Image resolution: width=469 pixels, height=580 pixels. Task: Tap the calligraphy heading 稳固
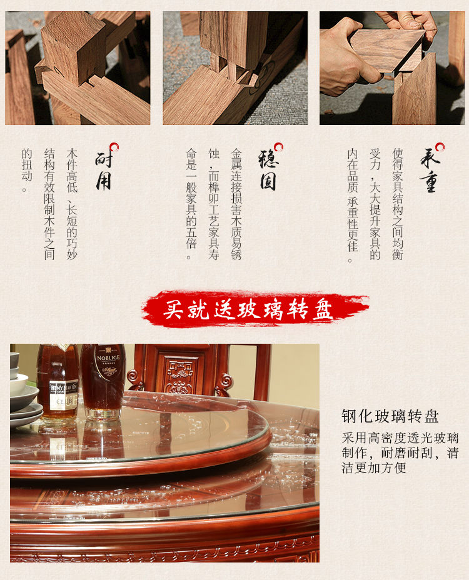[x=268, y=171]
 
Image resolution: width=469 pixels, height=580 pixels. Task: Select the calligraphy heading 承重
[x=430, y=171]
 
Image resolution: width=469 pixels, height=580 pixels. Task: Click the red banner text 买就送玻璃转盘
[x=248, y=309]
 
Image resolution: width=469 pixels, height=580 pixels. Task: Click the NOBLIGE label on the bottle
[x=108, y=364]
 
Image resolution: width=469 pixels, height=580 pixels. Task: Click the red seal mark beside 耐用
[x=114, y=147]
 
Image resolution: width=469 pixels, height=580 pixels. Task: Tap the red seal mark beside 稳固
[x=278, y=147]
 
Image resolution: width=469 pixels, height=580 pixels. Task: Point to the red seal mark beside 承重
[x=440, y=147]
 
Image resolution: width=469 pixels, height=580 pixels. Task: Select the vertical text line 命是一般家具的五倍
[x=191, y=204]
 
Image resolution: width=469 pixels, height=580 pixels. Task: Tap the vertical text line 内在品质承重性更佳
[x=353, y=206]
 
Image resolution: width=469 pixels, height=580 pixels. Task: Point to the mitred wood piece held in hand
[x=387, y=50]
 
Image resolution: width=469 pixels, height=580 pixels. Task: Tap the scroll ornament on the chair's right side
[x=224, y=384]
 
